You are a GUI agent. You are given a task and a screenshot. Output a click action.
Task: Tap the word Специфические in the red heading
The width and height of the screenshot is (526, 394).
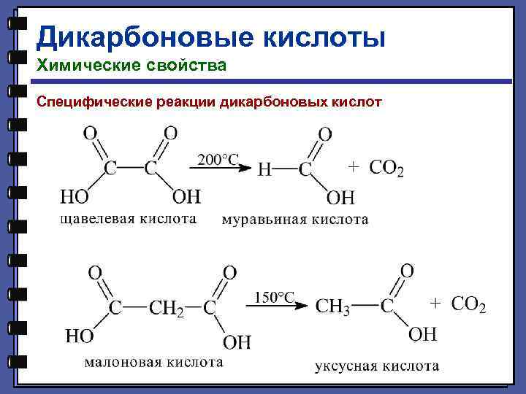point(94,101)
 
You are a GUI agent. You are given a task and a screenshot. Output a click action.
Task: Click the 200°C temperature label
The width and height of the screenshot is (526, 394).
point(218,159)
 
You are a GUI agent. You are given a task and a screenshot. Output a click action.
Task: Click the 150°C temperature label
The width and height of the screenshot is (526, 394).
point(274,296)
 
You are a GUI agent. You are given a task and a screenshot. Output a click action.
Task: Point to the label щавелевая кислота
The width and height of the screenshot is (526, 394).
point(128,218)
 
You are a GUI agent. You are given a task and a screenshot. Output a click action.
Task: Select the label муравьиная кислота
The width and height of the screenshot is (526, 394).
point(294,219)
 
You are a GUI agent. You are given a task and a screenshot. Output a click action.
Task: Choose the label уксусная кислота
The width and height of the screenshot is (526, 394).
point(377,366)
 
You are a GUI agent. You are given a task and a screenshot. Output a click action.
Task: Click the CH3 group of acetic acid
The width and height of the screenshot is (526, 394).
point(333,307)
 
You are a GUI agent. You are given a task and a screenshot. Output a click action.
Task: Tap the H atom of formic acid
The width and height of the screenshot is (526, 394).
point(266,170)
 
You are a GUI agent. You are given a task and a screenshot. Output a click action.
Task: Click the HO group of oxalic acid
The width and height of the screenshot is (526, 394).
point(74,196)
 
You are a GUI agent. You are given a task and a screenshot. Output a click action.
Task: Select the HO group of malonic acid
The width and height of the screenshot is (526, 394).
point(80,336)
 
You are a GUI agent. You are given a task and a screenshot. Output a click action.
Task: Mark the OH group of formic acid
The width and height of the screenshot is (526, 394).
point(340,197)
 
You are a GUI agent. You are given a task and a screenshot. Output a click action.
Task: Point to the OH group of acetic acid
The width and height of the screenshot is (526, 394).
point(422,334)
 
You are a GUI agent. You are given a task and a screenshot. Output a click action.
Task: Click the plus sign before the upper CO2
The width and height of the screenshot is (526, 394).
point(353,167)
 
